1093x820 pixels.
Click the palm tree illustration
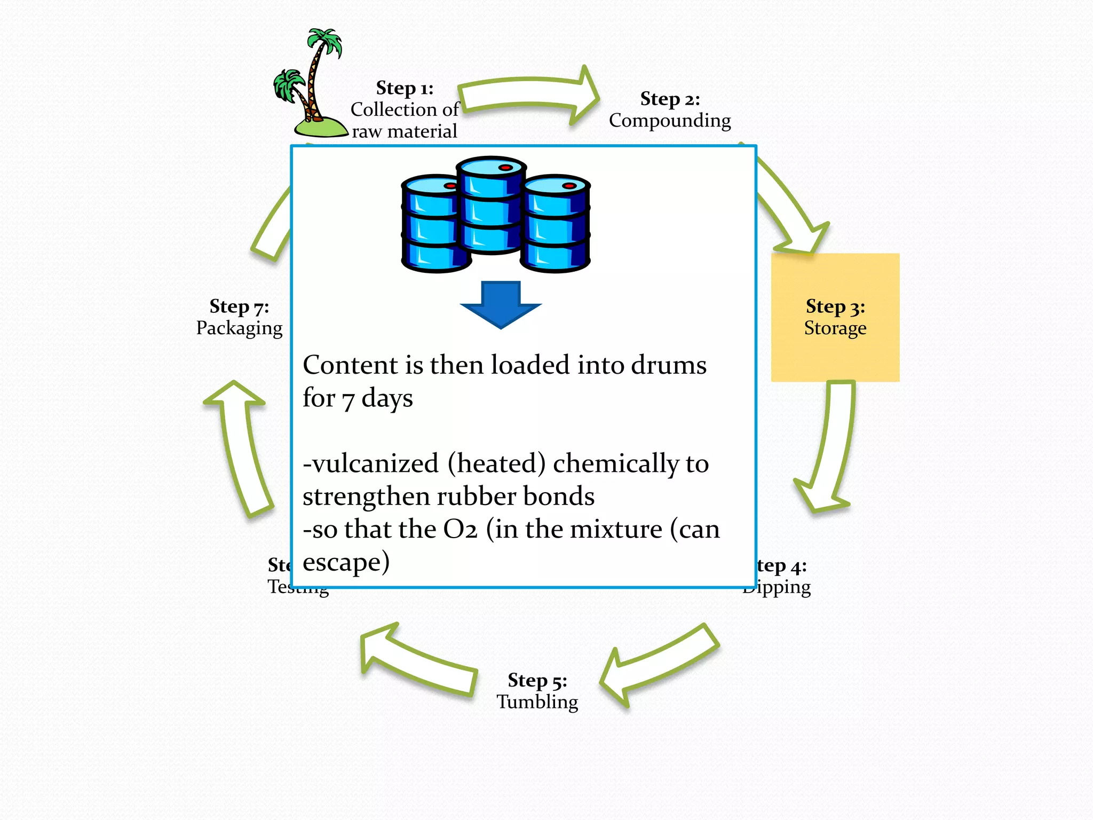(x=312, y=85)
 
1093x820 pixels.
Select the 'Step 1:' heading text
(x=405, y=88)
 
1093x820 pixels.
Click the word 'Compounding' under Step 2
(x=670, y=121)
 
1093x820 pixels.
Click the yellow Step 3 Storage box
(x=835, y=317)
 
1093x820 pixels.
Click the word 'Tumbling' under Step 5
(x=537, y=701)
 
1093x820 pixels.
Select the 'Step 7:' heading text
(x=239, y=306)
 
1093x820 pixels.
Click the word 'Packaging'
(x=239, y=328)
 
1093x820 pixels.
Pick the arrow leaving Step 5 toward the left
(x=419, y=659)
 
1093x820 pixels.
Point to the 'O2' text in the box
(x=460, y=530)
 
